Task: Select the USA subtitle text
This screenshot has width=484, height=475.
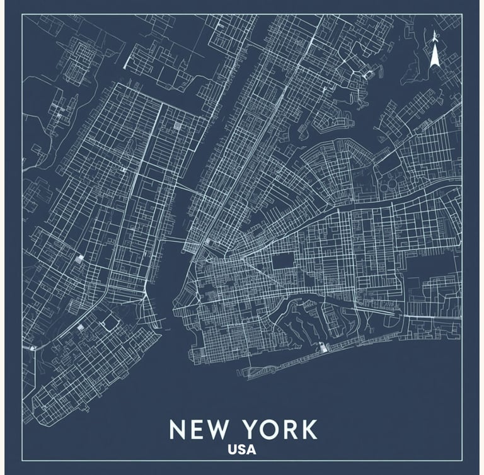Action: [x=242, y=450]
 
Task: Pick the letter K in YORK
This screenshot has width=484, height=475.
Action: [x=309, y=430]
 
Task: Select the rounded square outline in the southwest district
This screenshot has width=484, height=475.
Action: [x=110, y=323]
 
